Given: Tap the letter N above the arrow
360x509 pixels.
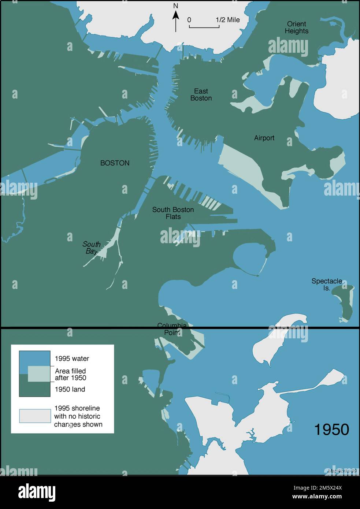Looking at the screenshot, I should (176, 6).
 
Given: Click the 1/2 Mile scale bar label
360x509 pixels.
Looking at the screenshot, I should (227, 20).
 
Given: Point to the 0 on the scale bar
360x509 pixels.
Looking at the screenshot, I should (189, 20).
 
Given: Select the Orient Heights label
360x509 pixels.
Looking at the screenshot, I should (297, 27).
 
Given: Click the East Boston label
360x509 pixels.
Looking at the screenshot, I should (201, 94).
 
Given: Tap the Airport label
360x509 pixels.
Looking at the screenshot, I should (264, 138).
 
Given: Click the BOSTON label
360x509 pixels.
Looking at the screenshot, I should (115, 163).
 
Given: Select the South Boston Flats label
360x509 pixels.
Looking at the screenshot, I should (173, 213).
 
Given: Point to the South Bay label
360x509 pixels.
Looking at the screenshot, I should (91, 248).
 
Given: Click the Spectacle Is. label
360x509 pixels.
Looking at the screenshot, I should (327, 285).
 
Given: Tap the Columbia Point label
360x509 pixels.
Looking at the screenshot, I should (172, 329).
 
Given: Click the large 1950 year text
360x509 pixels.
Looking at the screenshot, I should (331, 429).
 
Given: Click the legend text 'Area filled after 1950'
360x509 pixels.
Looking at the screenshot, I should (71, 374).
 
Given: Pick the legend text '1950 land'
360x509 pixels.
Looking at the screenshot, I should (70, 389).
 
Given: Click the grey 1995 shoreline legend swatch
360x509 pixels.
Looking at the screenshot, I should (35, 416).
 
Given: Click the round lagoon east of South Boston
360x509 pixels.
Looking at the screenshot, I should (248, 258).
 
